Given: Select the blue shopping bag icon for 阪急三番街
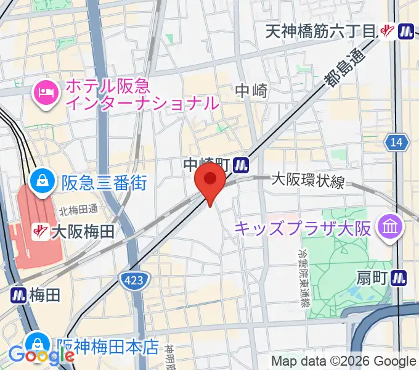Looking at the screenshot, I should tap(43, 182).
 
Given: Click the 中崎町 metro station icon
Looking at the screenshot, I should tap(242, 164).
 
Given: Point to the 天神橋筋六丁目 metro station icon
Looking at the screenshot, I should tap(406, 30).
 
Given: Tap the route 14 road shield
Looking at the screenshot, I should tap(397, 142).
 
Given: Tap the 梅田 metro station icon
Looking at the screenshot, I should tap(18, 295).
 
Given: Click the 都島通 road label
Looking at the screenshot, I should tap(343, 69).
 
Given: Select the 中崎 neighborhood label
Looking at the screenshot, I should tap(251, 91).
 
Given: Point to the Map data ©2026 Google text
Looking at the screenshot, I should tap(344, 361).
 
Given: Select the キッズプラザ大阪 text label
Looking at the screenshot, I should tap(303, 229).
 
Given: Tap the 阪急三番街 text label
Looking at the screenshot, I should tap(104, 183).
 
